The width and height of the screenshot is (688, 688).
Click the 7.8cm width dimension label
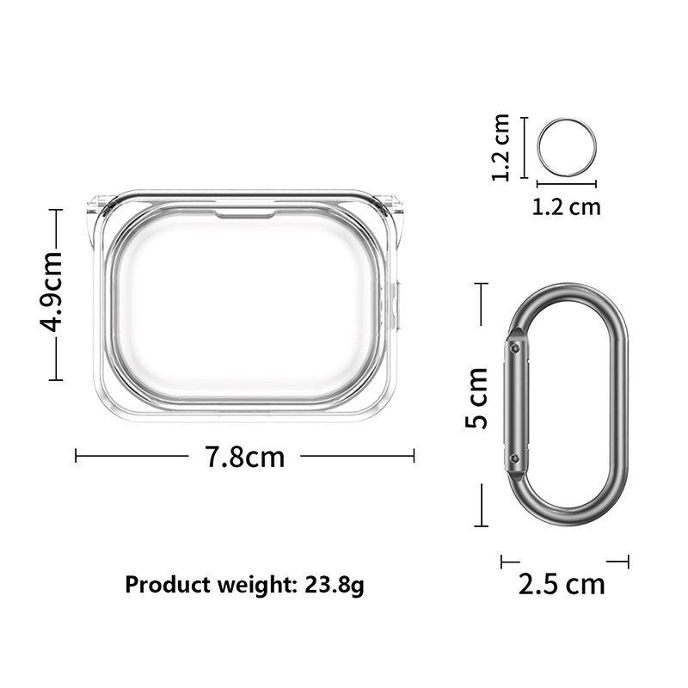(x=245, y=457)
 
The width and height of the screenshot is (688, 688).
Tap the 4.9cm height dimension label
(x=52, y=292)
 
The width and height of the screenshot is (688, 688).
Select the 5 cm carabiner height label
(x=477, y=398)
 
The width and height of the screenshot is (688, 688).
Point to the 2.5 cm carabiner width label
(x=562, y=584)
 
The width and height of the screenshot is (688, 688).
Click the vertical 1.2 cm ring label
(x=501, y=147)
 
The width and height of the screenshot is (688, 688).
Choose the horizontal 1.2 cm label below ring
(x=566, y=207)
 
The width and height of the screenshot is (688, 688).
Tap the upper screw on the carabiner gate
(x=515, y=348)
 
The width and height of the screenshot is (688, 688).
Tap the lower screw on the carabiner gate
(x=515, y=459)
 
